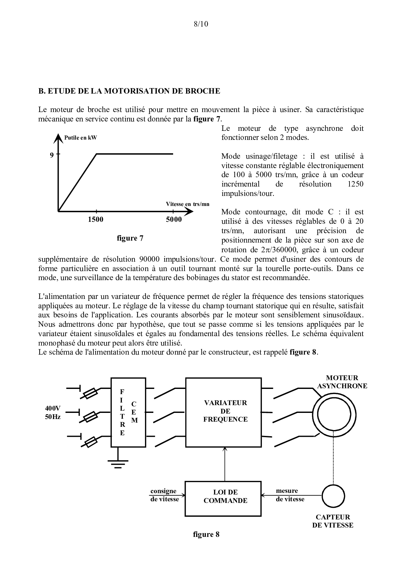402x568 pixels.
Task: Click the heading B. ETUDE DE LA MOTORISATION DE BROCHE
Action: (x=129, y=91)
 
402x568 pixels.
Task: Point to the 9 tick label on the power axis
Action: (x=52, y=155)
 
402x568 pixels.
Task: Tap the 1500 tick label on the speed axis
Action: (x=96, y=220)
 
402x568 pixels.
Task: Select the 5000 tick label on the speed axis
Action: (x=174, y=220)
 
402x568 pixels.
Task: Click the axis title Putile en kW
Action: (x=80, y=138)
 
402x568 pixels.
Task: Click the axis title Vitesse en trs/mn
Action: (x=188, y=204)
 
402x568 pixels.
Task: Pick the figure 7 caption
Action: (x=130, y=238)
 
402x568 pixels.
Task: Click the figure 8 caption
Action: (x=206, y=534)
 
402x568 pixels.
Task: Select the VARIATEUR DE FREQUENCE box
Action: (x=223, y=412)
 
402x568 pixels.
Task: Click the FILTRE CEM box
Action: (x=128, y=412)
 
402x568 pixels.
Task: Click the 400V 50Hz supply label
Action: (x=53, y=413)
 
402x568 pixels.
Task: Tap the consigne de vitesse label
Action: (x=164, y=495)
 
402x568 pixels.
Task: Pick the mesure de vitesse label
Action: (x=290, y=495)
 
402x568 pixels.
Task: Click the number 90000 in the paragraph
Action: (x=150, y=259)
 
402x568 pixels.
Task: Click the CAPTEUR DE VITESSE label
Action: (x=333, y=521)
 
